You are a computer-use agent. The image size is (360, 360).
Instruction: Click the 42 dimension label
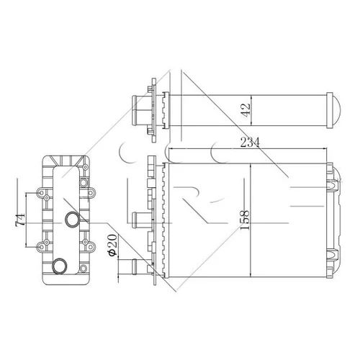point(246,110)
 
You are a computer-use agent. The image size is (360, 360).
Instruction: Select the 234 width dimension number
point(250,143)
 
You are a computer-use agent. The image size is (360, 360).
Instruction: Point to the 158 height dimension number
point(245,220)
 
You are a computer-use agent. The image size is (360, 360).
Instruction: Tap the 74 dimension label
point(20,219)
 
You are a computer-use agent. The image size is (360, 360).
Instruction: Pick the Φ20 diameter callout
point(112,245)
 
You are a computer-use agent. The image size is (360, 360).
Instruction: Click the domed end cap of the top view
point(336,110)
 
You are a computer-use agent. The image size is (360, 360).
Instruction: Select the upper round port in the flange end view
point(72,220)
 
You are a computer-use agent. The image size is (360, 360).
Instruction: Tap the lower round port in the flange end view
point(59,266)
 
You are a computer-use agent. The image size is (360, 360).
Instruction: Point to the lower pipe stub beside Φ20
point(142,266)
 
